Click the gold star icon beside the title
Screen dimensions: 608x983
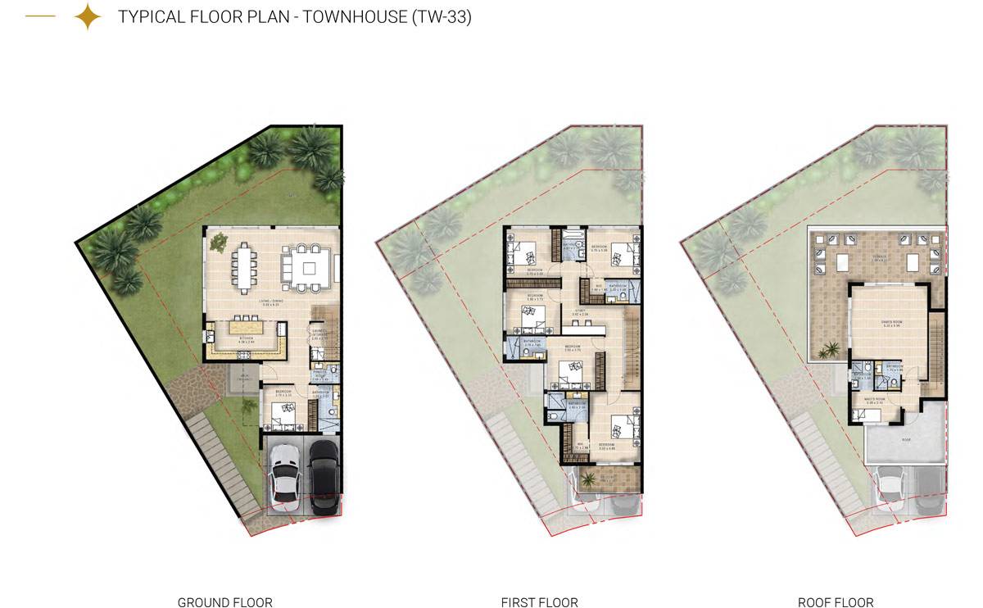[x=87, y=16]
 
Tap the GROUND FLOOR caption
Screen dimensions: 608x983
[x=224, y=602]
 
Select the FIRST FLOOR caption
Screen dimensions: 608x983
[x=539, y=602]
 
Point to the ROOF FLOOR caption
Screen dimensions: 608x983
[x=836, y=602]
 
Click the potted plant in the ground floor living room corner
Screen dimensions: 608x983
[x=219, y=243]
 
